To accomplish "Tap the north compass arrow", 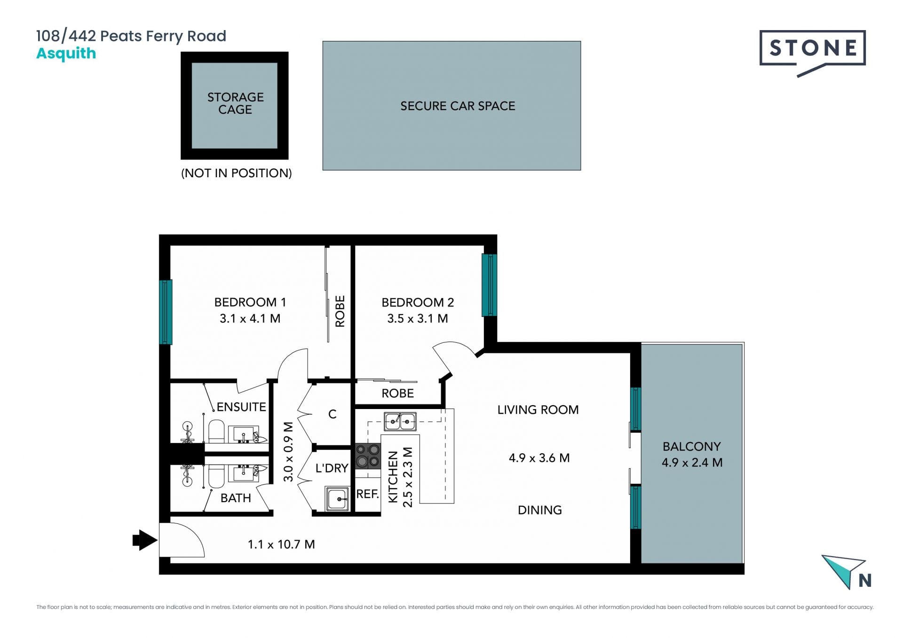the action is click(844, 570).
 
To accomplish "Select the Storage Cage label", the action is click(235, 103).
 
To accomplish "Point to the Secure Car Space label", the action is click(458, 106).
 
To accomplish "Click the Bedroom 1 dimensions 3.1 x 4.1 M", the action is click(250, 318).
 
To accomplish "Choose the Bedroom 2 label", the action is click(418, 302).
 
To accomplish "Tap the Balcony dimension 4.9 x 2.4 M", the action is click(692, 462).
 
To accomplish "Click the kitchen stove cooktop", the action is click(367, 456).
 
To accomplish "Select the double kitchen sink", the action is click(400, 421).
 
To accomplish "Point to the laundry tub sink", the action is click(337, 498).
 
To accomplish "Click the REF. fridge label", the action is click(367, 494).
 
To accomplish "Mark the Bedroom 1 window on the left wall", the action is click(166, 312).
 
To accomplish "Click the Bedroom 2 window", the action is click(489, 285).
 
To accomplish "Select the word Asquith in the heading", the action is click(66, 53).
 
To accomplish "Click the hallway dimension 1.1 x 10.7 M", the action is click(281, 544).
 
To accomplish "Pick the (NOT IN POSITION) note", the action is click(237, 173).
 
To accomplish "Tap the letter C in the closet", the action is click(333, 414).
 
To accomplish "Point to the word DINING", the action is click(539, 510).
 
